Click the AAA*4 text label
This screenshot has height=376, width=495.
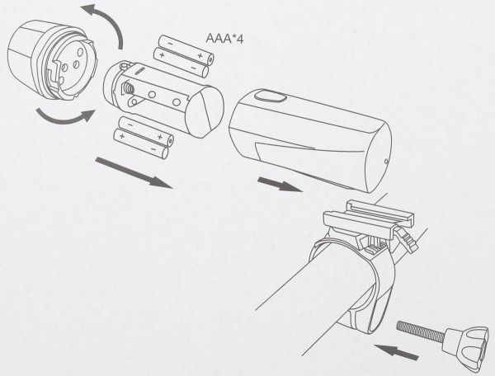click(x=224, y=39)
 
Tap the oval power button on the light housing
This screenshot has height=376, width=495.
click(x=271, y=96)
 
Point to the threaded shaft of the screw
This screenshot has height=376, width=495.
click(x=421, y=330)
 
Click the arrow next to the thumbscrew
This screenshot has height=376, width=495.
click(x=397, y=352)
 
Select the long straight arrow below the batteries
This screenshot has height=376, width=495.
click(x=134, y=173)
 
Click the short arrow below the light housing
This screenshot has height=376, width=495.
click(x=280, y=185)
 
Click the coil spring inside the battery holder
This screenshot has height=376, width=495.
click(x=128, y=88)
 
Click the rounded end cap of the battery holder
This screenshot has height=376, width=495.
click(x=205, y=112)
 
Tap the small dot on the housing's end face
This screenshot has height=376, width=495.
click(x=386, y=162)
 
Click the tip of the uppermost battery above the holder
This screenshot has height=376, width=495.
click(x=210, y=59)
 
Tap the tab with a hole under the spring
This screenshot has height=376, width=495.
click(x=134, y=101)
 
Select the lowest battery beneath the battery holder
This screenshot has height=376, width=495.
click(x=141, y=143)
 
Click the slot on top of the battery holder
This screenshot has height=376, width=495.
click(x=140, y=70)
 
